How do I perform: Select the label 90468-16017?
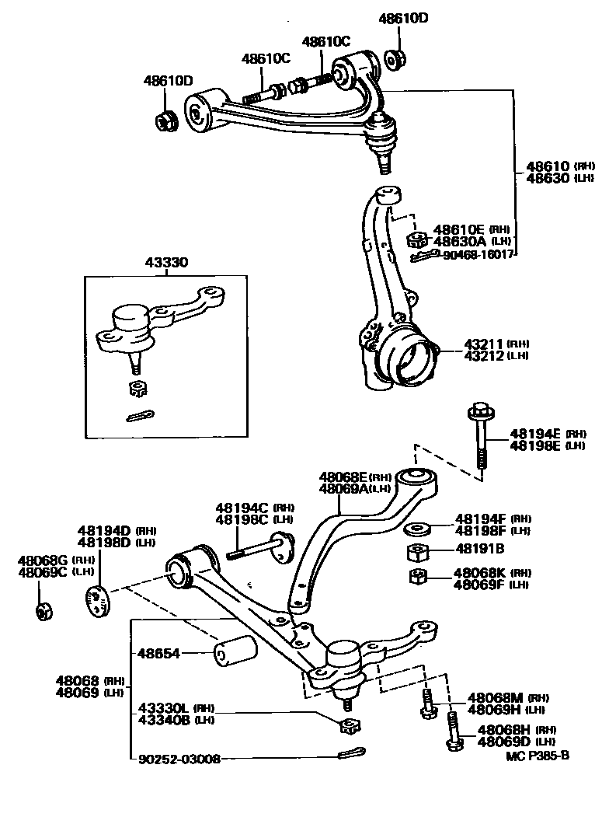(478, 254)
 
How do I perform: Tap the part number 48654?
(160, 654)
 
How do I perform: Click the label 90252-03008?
(179, 758)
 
